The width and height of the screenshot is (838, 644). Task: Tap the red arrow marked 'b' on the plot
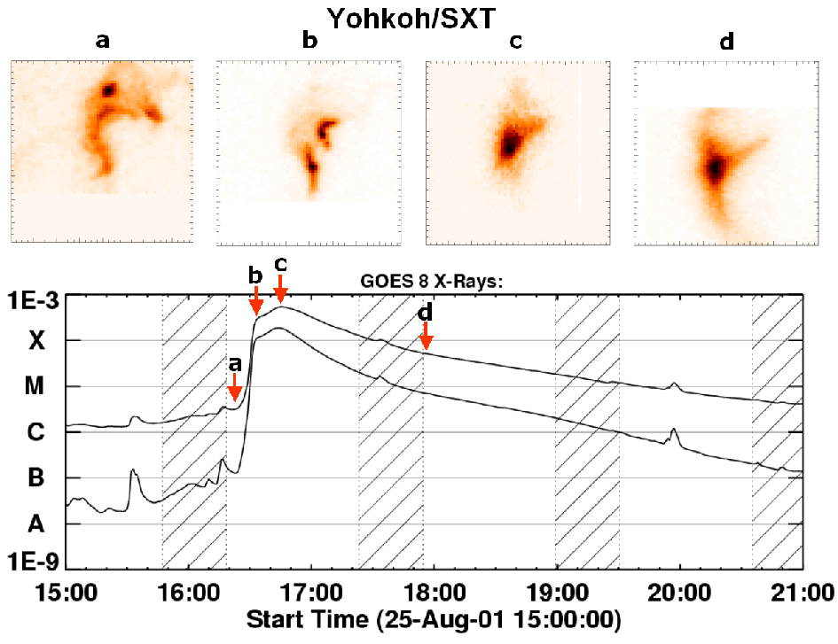(x=256, y=302)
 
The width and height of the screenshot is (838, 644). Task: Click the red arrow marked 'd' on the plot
(x=426, y=338)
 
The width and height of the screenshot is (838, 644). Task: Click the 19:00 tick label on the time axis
(x=556, y=591)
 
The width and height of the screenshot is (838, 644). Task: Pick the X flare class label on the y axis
(x=36, y=341)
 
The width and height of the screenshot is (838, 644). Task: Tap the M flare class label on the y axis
(x=36, y=387)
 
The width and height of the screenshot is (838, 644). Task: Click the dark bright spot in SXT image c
(x=509, y=144)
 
